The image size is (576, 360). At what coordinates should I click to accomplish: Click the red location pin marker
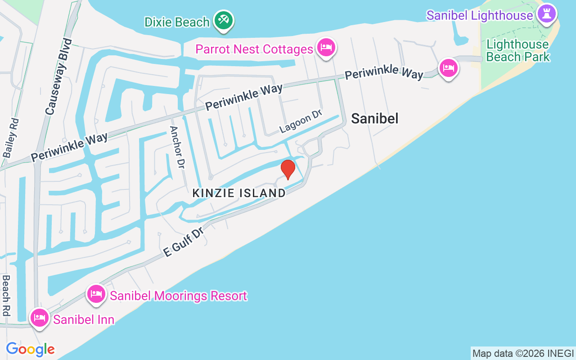tap(288, 170)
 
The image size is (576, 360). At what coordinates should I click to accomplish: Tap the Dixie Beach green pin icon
tap(223, 20)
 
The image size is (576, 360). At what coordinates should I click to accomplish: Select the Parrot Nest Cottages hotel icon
tap(326, 48)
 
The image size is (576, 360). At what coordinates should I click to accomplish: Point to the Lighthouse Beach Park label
tap(517, 50)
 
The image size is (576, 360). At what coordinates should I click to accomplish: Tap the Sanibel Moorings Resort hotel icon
tap(97, 294)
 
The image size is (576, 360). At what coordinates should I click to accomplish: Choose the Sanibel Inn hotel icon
tap(40, 318)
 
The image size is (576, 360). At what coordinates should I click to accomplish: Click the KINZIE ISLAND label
tap(239, 193)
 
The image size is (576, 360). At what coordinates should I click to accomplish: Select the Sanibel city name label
tap(374, 118)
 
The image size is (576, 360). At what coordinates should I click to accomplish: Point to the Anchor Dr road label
tap(177, 147)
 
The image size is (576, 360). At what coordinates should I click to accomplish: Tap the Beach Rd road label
tap(6, 295)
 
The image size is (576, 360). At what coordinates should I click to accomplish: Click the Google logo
tap(30, 349)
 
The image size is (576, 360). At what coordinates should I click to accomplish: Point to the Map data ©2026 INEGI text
tap(523, 353)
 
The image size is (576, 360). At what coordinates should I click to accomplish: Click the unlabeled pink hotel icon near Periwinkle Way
tap(448, 68)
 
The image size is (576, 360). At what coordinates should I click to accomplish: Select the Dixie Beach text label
tap(177, 22)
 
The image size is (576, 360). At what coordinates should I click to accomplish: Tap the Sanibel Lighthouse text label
tap(480, 15)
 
